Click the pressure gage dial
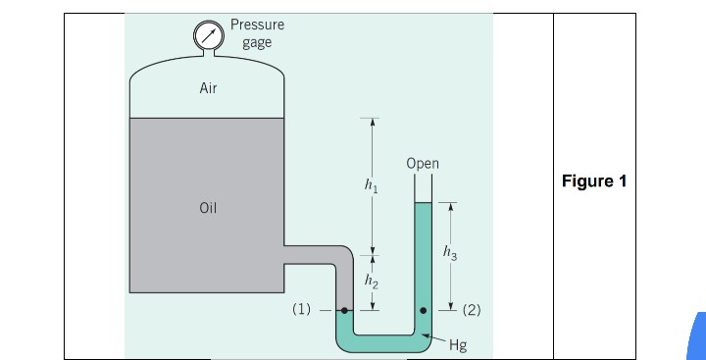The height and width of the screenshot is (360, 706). coord(209,35)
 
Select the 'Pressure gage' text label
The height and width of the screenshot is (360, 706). coord(257,33)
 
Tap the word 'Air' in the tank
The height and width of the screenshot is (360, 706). coord(208,88)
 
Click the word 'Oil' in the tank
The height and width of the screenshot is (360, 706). coord(208,208)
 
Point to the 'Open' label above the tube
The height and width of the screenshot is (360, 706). coord(423,164)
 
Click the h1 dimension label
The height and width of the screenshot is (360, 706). coord(370,184)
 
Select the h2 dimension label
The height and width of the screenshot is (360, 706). coord(370,282)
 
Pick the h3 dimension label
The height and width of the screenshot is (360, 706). coord(450,253)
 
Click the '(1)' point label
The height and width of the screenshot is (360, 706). coord(302,310)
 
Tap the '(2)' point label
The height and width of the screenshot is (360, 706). coord(471,310)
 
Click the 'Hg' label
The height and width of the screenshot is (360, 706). coord(457,344)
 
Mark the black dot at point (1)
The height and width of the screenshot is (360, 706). coord(344,310)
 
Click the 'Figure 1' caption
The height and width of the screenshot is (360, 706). coord(593,181)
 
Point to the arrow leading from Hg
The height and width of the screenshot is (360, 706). coord(432,339)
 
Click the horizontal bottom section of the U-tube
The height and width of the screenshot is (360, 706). coord(383,342)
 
